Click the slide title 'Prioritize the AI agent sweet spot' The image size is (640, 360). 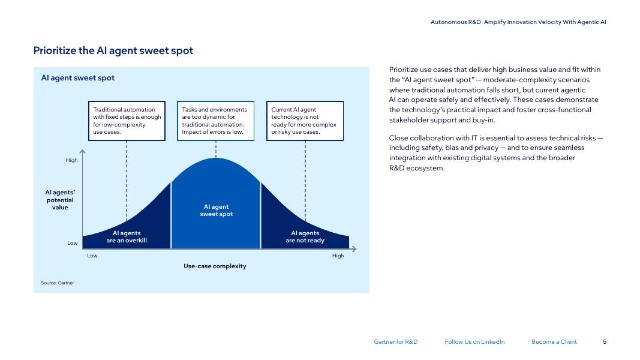(113, 50)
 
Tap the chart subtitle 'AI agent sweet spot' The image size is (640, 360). (77, 78)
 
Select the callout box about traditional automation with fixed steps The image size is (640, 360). (127, 121)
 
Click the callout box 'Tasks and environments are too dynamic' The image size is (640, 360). (215, 121)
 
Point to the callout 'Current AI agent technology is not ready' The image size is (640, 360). (305, 121)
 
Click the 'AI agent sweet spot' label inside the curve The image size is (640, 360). (217, 210)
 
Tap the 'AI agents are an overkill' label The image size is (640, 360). (127, 237)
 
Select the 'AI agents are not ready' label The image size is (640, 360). (305, 237)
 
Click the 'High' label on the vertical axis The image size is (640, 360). (71, 160)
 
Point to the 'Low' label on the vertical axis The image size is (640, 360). (72, 243)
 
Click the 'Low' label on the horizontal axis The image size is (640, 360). (92, 256)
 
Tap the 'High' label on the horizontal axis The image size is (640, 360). (338, 256)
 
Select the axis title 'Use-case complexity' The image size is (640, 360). (215, 266)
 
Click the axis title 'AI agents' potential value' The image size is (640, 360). (60, 200)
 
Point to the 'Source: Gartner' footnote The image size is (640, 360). (57, 283)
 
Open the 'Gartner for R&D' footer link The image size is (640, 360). (395, 341)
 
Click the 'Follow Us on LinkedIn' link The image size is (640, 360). (474, 341)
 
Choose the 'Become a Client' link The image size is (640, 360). (554, 341)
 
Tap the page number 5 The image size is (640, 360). (605, 341)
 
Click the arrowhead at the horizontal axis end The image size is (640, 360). (354, 249)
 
